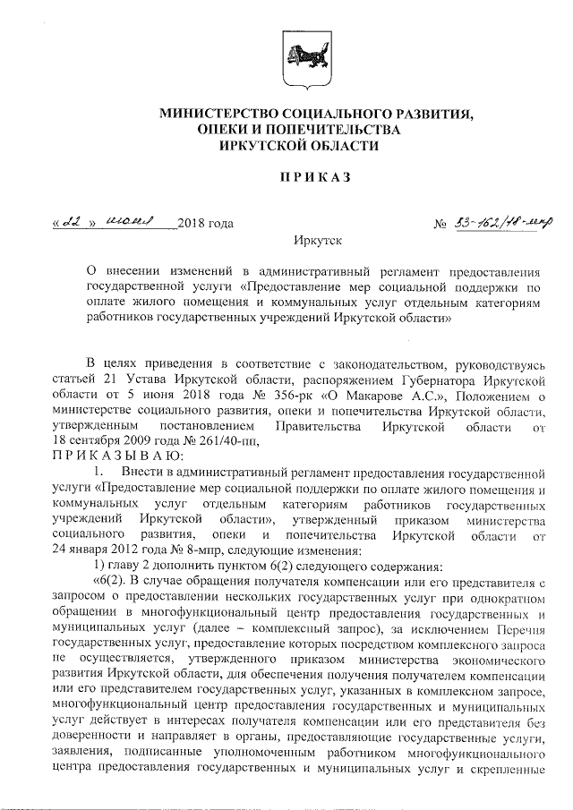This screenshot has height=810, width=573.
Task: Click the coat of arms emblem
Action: (x=286, y=57)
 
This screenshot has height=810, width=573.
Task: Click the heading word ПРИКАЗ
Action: (x=286, y=176)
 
